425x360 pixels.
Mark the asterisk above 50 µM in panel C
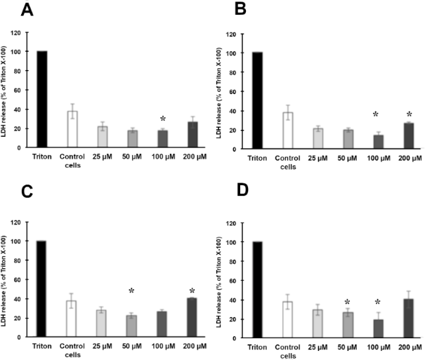[x=131, y=291]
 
